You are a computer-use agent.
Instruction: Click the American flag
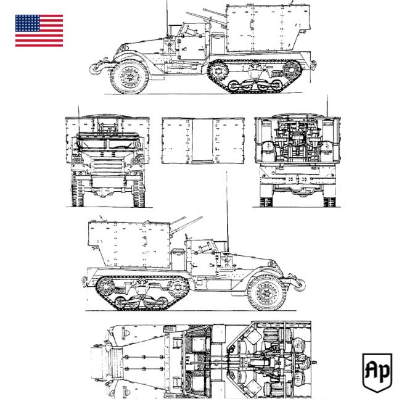39,31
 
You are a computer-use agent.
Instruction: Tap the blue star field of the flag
27,23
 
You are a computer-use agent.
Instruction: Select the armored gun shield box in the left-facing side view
262,28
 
